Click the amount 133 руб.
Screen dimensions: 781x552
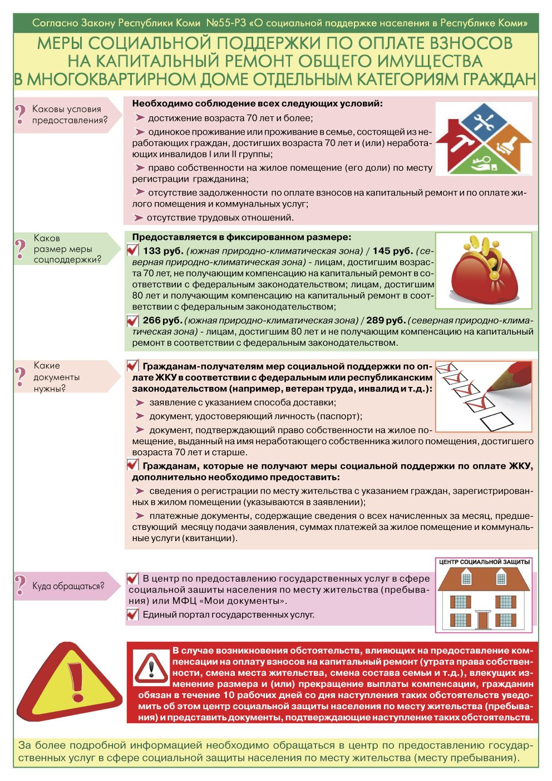[163, 251]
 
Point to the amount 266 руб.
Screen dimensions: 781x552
[162, 321]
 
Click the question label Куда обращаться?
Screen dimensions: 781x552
[68, 586]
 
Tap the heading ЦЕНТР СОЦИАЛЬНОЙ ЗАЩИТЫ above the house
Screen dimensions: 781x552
[484, 562]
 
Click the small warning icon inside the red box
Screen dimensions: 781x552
[151, 668]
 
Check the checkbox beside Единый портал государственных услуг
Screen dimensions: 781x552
[132, 615]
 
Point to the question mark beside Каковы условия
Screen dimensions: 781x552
[21, 114]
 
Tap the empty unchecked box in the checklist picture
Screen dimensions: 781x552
[496, 420]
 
